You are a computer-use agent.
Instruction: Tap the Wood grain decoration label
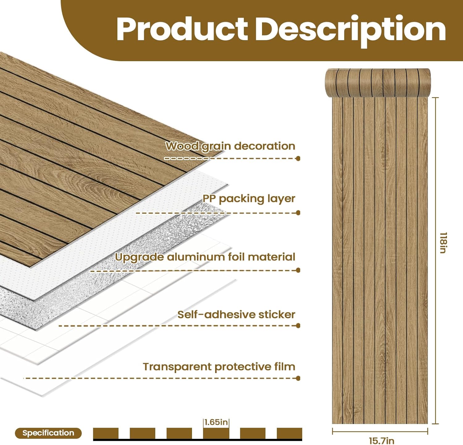230,146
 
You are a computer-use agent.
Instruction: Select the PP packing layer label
249,199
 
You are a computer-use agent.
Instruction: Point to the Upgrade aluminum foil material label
205,257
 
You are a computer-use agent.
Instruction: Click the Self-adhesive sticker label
236,315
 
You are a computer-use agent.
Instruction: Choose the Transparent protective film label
219,367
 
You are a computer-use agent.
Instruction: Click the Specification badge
48,433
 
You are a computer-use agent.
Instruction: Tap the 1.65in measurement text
216,422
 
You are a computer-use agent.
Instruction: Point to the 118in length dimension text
443,243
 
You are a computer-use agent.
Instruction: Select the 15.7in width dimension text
382,441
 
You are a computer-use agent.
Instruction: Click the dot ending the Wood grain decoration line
298,158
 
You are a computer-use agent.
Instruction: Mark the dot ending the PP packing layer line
298,213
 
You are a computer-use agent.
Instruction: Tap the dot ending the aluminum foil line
298,271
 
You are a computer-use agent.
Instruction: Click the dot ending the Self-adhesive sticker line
298,325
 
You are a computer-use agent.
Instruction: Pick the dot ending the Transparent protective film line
298,378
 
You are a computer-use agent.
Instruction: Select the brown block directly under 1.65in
216,433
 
